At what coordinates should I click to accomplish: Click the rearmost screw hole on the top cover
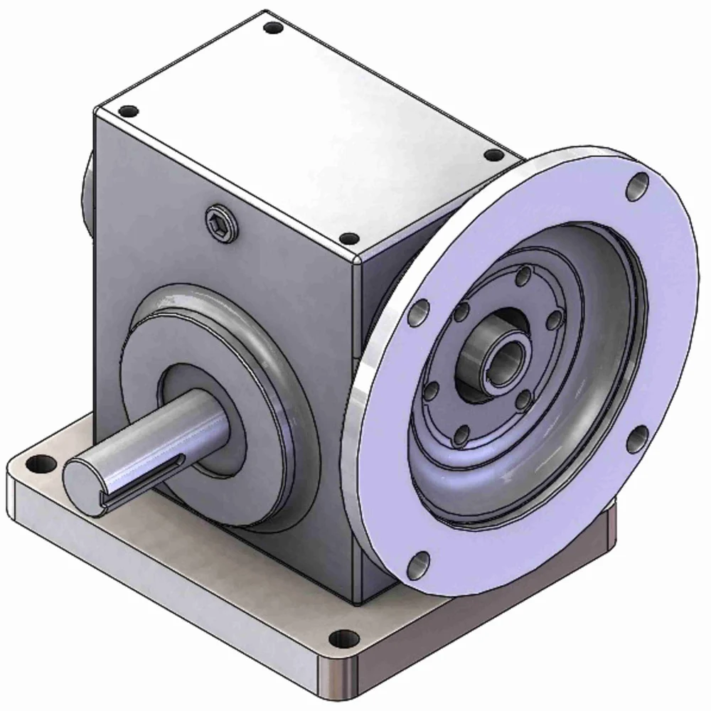click(272, 29)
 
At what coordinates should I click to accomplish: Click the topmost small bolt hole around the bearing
click(524, 274)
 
